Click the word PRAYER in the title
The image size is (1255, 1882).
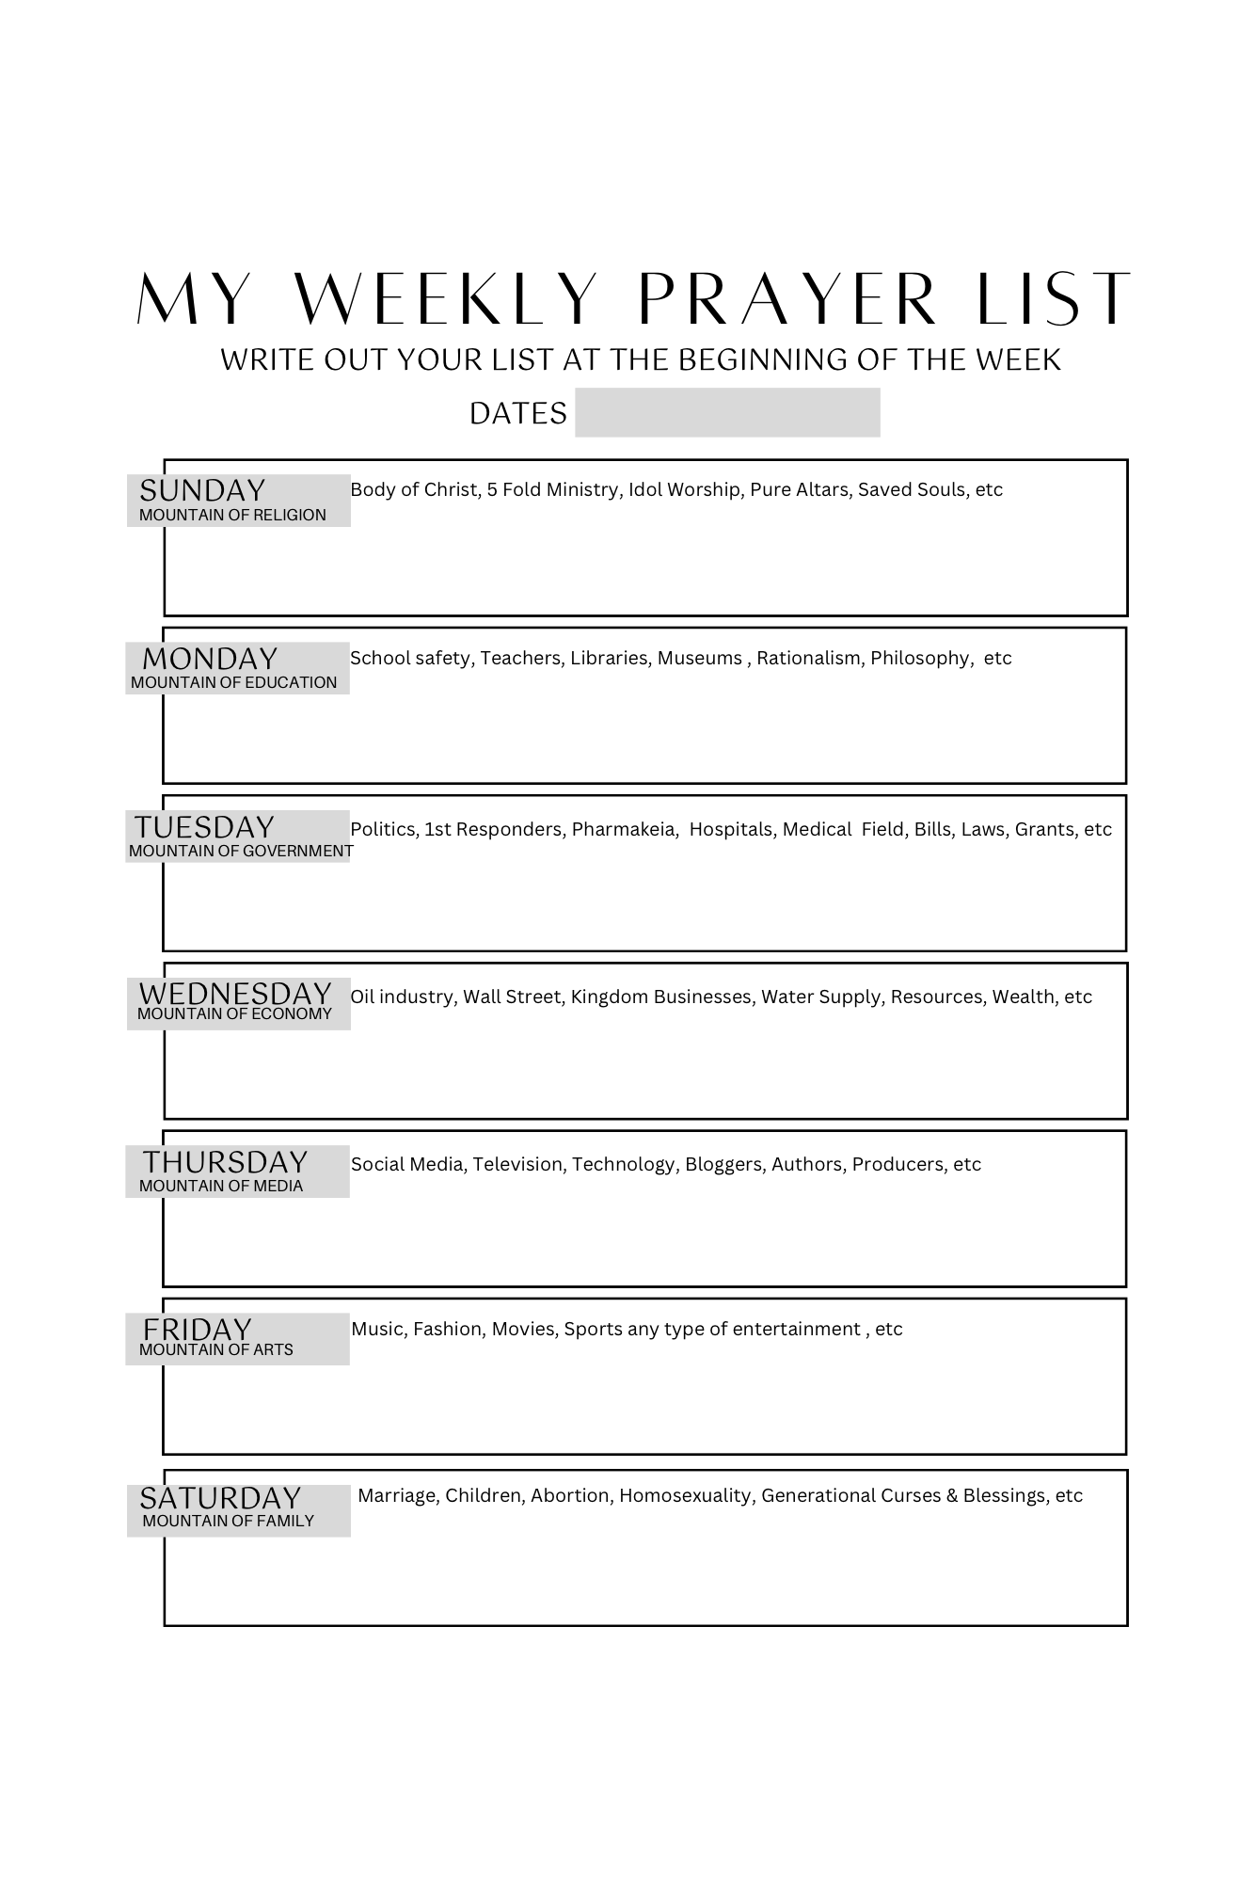click(x=786, y=299)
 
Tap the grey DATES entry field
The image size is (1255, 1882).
click(x=727, y=412)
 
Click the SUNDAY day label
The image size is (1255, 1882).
click(x=202, y=490)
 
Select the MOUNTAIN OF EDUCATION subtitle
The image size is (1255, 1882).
click(x=233, y=683)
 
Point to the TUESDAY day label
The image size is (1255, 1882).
click(x=204, y=827)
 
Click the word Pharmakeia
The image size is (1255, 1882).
click(x=624, y=829)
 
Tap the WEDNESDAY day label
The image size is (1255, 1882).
click(x=235, y=994)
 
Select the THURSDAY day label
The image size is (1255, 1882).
click(x=225, y=1162)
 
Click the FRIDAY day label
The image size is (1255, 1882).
click(x=198, y=1330)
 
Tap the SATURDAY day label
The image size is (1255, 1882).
click(x=220, y=1498)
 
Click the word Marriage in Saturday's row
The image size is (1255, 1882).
click(x=397, y=1496)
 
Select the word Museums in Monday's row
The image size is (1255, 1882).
click(x=699, y=659)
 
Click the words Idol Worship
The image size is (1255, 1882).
click(x=683, y=490)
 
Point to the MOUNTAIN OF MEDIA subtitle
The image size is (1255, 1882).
click(x=221, y=1187)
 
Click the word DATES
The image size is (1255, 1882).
click(x=518, y=413)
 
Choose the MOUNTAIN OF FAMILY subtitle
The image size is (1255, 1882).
click(x=228, y=1522)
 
